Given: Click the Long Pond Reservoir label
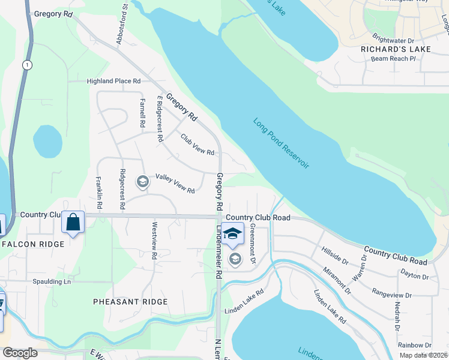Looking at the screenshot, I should [x=281, y=143].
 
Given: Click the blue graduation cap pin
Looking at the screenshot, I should [x=232, y=234].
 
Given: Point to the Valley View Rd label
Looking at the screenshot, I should [x=175, y=184].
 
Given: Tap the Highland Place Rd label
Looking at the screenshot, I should [x=113, y=81].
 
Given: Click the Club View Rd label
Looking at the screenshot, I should [x=197, y=144].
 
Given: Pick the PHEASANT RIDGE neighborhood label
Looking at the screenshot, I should [x=130, y=302].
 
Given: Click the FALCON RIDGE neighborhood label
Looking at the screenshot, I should [x=32, y=244].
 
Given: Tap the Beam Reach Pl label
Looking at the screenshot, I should [x=393, y=59].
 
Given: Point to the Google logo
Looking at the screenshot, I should [x=20, y=353].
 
